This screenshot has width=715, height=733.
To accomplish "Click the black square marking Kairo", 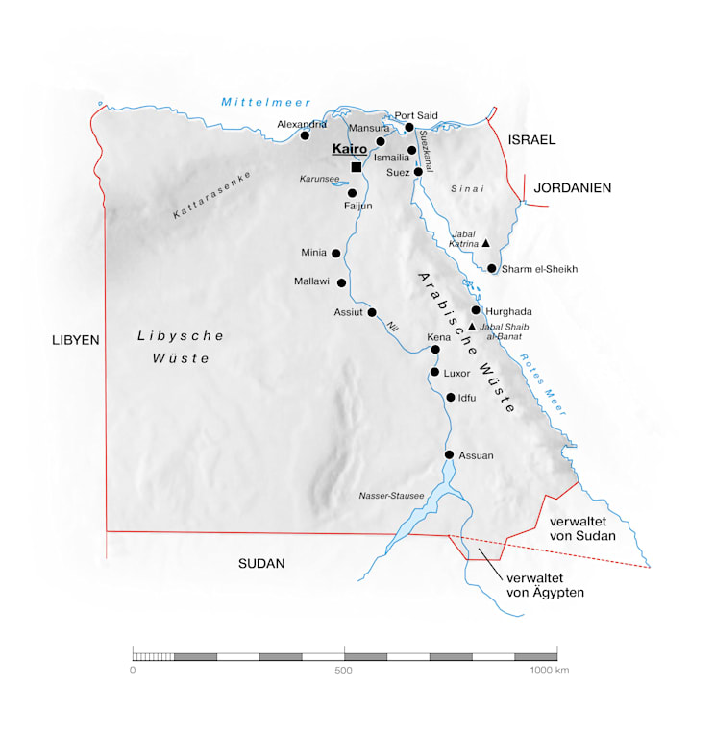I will click(x=357, y=167).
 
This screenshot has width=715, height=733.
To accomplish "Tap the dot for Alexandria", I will click(x=306, y=135).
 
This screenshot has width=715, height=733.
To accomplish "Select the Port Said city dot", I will click(x=409, y=127).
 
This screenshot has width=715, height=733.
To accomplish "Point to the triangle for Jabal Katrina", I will click(x=486, y=243).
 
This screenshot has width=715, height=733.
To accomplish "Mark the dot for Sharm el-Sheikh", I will click(x=492, y=269).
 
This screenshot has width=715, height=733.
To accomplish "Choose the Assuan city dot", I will click(x=449, y=455).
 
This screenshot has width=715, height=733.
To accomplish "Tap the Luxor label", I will click(x=456, y=372).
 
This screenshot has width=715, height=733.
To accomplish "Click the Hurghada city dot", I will click(x=476, y=310).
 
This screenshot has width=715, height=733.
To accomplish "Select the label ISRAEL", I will click(x=532, y=140).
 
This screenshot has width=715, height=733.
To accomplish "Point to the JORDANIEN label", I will click(x=574, y=188).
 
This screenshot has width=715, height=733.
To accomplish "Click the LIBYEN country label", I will click(x=77, y=340).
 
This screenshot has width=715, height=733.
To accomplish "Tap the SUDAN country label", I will click(x=261, y=564).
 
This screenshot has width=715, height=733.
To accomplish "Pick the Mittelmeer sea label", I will click(x=254, y=102).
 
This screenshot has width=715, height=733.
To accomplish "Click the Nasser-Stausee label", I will click(x=391, y=496).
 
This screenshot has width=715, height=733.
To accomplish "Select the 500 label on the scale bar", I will click(x=344, y=671).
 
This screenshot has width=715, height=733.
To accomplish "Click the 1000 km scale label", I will click(x=550, y=671).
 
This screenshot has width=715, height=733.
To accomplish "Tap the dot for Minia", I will click(x=336, y=254).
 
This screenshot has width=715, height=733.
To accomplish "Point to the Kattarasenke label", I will click(x=212, y=194).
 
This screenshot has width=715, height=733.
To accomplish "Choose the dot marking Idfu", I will click(x=451, y=398).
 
